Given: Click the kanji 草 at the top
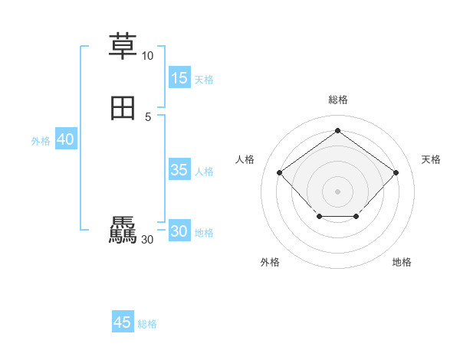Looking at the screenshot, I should pyautogui.click(x=123, y=45).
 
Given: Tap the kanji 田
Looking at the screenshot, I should pyautogui.click(x=123, y=110).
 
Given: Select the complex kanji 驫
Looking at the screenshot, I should pyautogui.click(x=123, y=231).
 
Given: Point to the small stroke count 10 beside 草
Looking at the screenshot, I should pyautogui.click(x=147, y=56).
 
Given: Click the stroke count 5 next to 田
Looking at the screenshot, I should pyautogui.click(x=148, y=116).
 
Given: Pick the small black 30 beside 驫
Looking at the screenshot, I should pyautogui.click(x=147, y=240).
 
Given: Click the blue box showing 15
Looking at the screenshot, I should pyautogui.click(x=179, y=78).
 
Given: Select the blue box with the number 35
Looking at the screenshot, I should pyautogui.click(x=179, y=170).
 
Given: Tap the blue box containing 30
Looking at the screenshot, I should pyautogui.click(x=179, y=231).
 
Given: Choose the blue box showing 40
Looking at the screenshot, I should pyautogui.click(x=65, y=139).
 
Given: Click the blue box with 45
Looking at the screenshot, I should pyautogui.click(x=123, y=322).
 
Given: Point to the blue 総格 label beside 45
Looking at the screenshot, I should pyautogui.click(x=147, y=324).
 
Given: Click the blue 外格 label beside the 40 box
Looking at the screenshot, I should pyautogui.click(x=41, y=141).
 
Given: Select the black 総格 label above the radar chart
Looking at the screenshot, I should pyautogui.click(x=337, y=100).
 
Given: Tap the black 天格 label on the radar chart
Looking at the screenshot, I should pyautogui.click(x=431, y=159).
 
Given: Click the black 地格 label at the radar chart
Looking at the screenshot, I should pyautogui.click(x=402, y=262).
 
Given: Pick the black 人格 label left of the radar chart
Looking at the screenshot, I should pyautogui.click(x=245, y=159).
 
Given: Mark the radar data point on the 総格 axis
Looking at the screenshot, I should pyautogui.click(x=337, y=130).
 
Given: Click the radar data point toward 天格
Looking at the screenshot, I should pyautogui.click(x=396, y=172).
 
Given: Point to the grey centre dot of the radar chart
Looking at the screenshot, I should pyautogui.click(x=337, y=191).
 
